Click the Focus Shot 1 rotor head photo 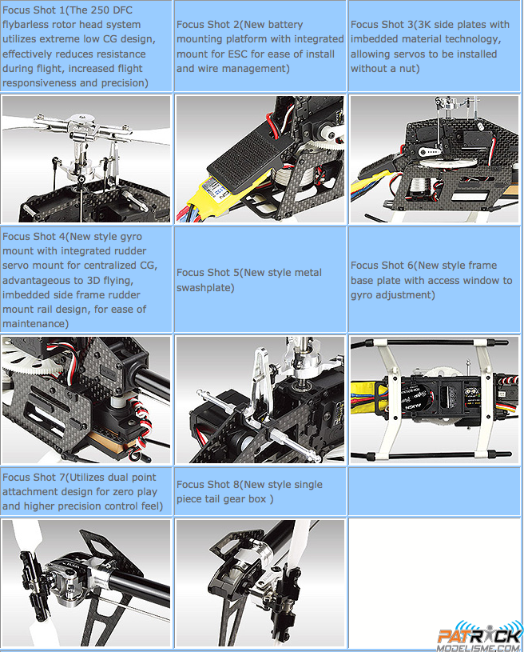[x=86, y=159]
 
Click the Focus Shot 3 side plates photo [x=435, y=159]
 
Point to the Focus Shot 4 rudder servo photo [x=86, y=399]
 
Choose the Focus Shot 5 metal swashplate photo [x=260, y=399]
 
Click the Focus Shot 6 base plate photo [x=435, y=399]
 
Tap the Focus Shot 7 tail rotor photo [x=86, y=583]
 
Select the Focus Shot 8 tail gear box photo [x=260, y=583]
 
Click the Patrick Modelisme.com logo [x=479, y=637]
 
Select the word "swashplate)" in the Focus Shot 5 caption [x=205, y=287]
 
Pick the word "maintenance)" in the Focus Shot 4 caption [x=36, y=323]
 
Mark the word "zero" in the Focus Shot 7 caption [x=132, y=491]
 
